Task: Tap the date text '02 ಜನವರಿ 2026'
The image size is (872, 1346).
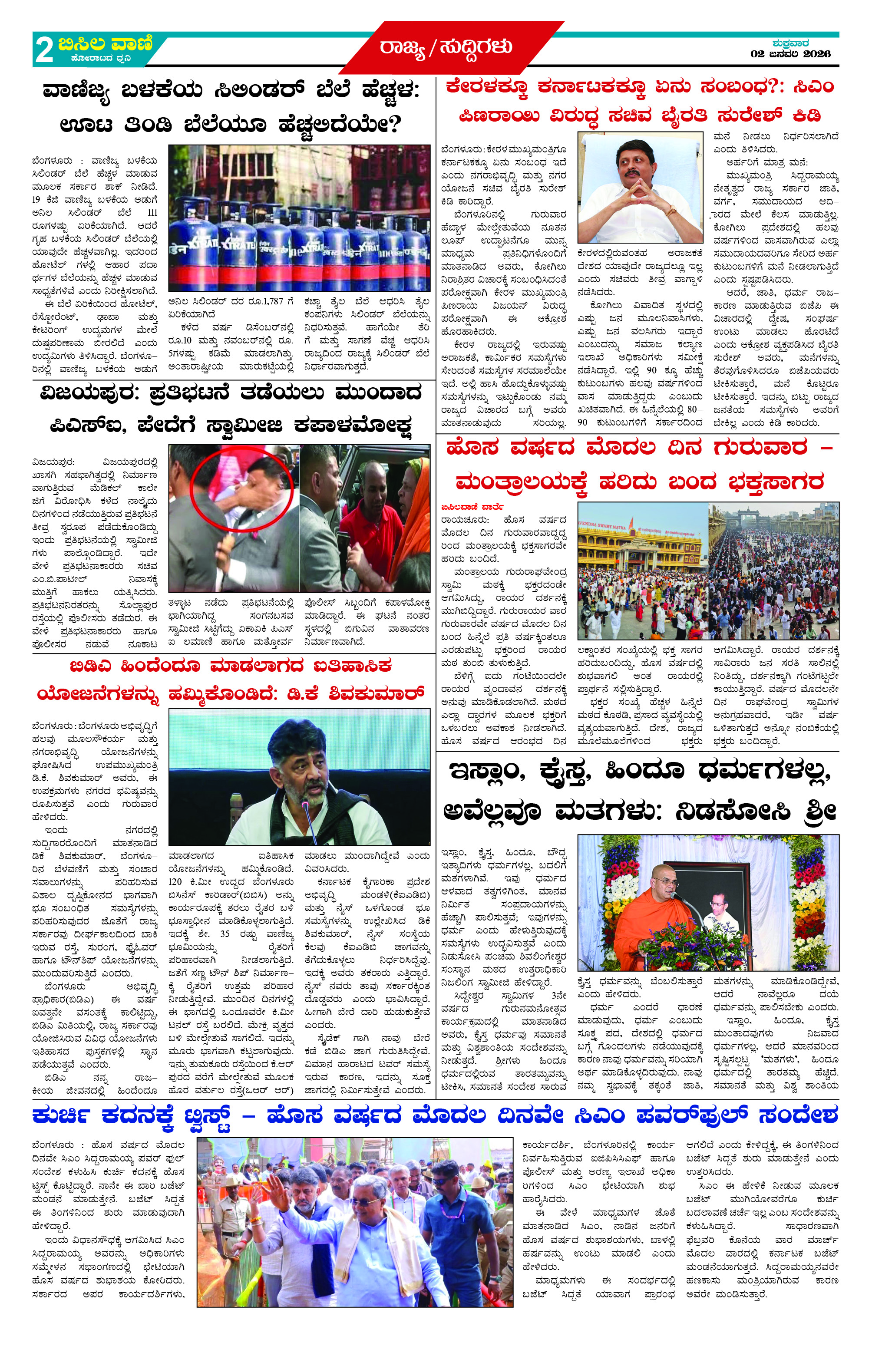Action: tap(790, 54)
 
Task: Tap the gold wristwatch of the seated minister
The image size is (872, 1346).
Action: tap(671, 211)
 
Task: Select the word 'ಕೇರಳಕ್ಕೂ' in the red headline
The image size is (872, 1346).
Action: tap(487, 87)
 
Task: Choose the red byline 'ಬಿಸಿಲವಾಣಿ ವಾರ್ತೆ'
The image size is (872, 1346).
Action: tap(472, 506)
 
